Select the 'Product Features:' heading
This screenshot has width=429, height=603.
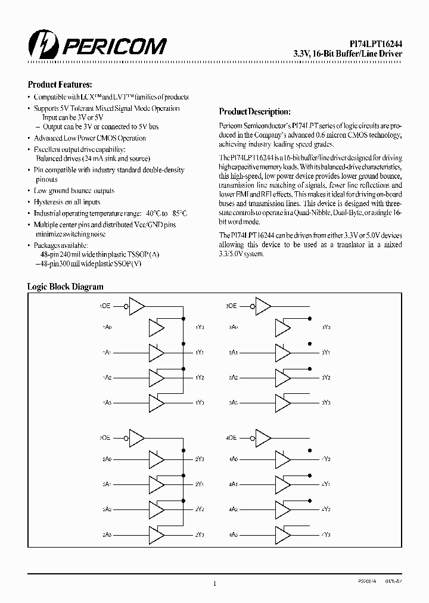pyautogui.click(x=60, y=85)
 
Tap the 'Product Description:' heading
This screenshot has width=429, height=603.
pyautogui.click(x=255, y=111)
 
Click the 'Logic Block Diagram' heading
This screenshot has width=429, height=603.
pyautogui.click(x=66, y=287)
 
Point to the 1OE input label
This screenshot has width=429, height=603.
pyautogui.click(x=105, y=306)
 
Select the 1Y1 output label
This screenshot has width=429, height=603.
pyautogui.click(x=200, y=353)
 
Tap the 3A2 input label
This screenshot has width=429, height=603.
pyautogui.click(x=234, y=378)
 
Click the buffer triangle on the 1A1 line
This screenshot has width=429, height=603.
pyautogui.click(x=156, y=353)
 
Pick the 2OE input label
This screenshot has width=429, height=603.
pyautogui.click(x=105, y=437)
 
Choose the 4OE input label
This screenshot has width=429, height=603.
pyautogui.click(x=232, y=437)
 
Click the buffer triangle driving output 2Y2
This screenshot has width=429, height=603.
pyautogui.click(x=156, y=509)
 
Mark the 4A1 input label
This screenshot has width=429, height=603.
pyautogui.click(x=234, y=484)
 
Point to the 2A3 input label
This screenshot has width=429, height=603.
pyautogui.click(x=106, y=534)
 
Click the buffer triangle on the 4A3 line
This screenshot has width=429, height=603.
pyautogui.click(x=282, y=534)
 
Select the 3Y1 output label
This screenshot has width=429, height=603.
pyautogui.click(x=326, y=353)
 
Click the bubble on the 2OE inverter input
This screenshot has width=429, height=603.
pyautogui.click(x=126, y=438)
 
